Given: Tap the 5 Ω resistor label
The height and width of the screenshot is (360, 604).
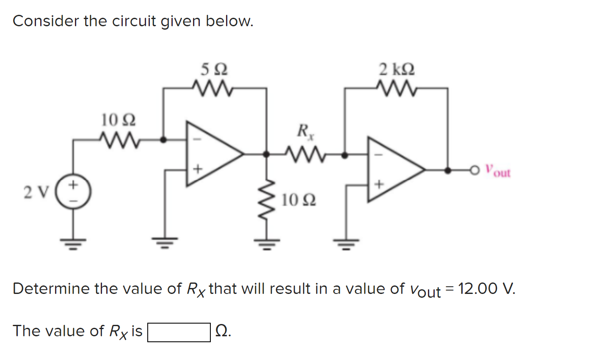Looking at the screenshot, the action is point(214,69).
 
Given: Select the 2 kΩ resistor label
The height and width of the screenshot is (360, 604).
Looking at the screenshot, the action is point(397,69).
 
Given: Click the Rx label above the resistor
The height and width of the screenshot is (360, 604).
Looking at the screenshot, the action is point(306,132).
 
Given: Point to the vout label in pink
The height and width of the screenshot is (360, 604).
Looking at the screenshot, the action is point(498,171).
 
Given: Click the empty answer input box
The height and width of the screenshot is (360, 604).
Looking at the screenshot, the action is point(179,332).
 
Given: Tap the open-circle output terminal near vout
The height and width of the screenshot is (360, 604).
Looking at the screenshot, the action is point(474,170).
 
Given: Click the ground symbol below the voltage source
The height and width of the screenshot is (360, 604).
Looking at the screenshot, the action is point(73,244).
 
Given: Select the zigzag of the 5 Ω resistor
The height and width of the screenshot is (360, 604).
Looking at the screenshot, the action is point(212,88).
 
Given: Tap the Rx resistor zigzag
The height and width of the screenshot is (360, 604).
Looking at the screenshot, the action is point(306,155).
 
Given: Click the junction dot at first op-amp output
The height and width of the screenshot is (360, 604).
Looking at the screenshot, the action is point(266,154).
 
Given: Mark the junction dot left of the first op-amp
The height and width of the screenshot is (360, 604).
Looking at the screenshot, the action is point(163,140).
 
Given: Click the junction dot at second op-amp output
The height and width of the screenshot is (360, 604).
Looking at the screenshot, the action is point(448,170).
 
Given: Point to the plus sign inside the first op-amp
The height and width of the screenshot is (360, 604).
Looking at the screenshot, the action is point(198,169).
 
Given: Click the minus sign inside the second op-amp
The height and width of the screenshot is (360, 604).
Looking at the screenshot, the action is point(379,155).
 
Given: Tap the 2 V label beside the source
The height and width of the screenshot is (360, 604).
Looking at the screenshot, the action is point(36,192).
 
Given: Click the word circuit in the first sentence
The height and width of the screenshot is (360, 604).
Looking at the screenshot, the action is point(134,21).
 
